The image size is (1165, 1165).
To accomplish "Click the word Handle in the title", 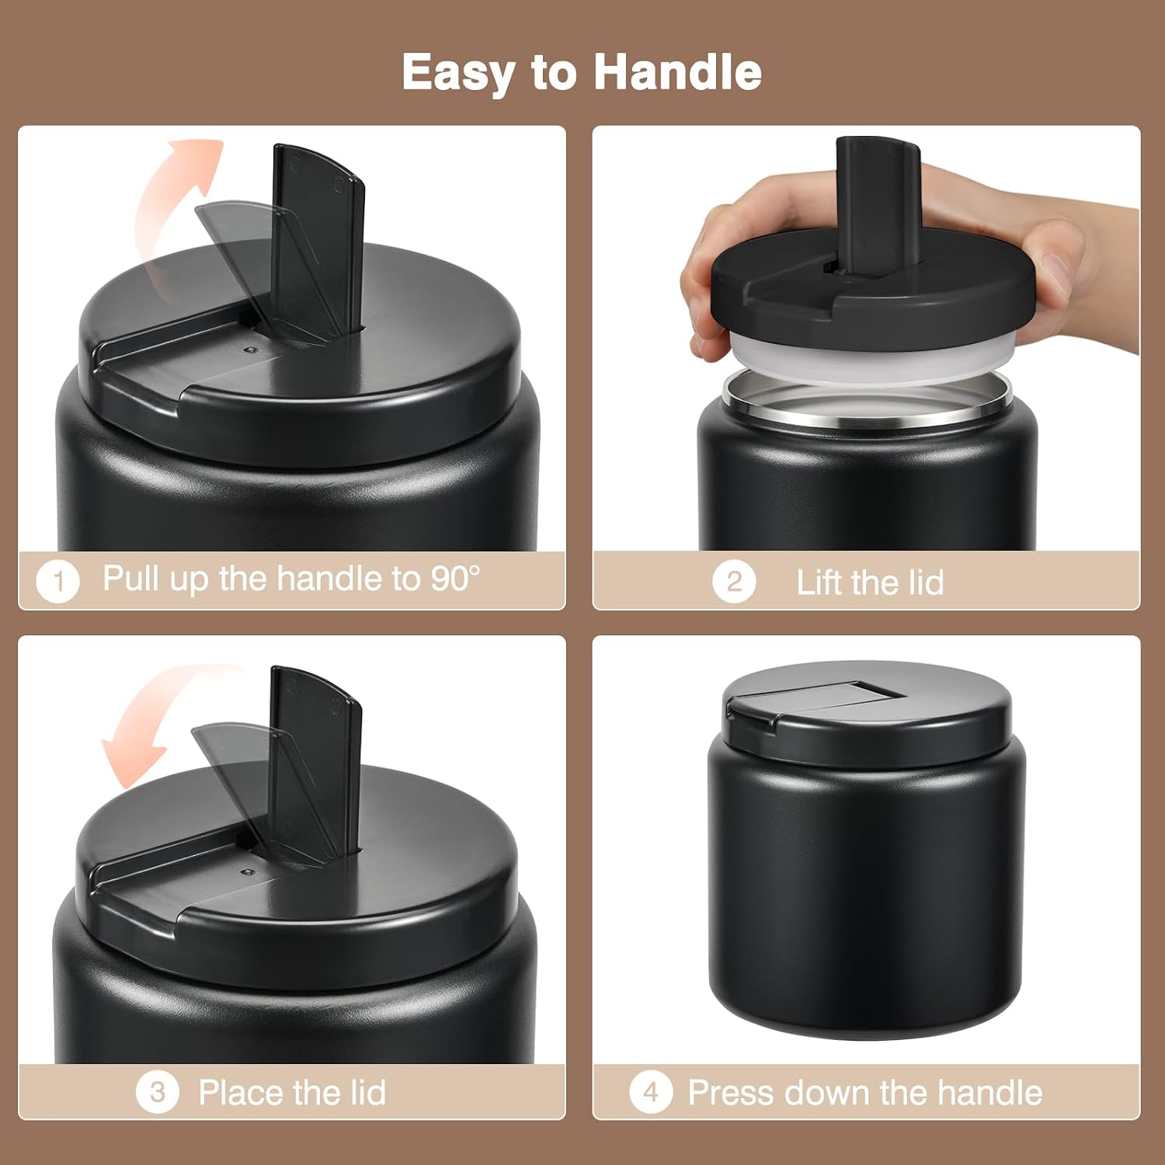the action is [677, 72].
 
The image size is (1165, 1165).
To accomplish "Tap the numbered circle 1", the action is [58, 580].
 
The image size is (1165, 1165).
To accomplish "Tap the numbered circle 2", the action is [734, 581].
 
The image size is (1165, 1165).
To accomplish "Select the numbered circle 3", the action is [158, 1092].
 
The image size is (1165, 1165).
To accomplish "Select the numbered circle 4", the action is [651, 1092].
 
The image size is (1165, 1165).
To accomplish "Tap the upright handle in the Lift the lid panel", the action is [878, 206].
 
